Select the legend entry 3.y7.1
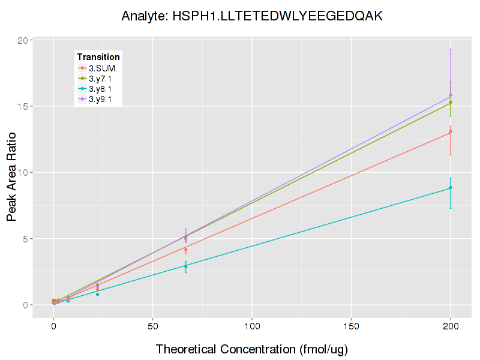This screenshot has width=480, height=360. [104, 79]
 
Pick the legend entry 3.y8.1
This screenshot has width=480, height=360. [104, 89]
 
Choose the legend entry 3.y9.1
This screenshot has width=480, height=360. [104, 99]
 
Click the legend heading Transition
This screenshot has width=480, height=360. [98, 56]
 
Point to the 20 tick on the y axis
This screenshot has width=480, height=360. [23, 41]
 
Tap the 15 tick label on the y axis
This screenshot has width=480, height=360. [23, 107]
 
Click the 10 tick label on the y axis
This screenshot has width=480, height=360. [23, 173]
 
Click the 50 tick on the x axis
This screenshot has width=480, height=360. [152, 326]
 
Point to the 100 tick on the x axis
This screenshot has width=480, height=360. [252, 326]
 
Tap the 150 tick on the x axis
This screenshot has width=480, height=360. [351, 326]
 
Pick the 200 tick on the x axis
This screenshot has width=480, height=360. [451, 326]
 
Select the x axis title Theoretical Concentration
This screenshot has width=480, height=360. [252, 349]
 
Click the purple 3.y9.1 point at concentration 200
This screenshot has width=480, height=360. [451, 95]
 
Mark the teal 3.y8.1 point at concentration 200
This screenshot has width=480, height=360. [451, 188]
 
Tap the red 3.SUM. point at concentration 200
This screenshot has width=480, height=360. [451, 131]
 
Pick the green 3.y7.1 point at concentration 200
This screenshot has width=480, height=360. [451, 102]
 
